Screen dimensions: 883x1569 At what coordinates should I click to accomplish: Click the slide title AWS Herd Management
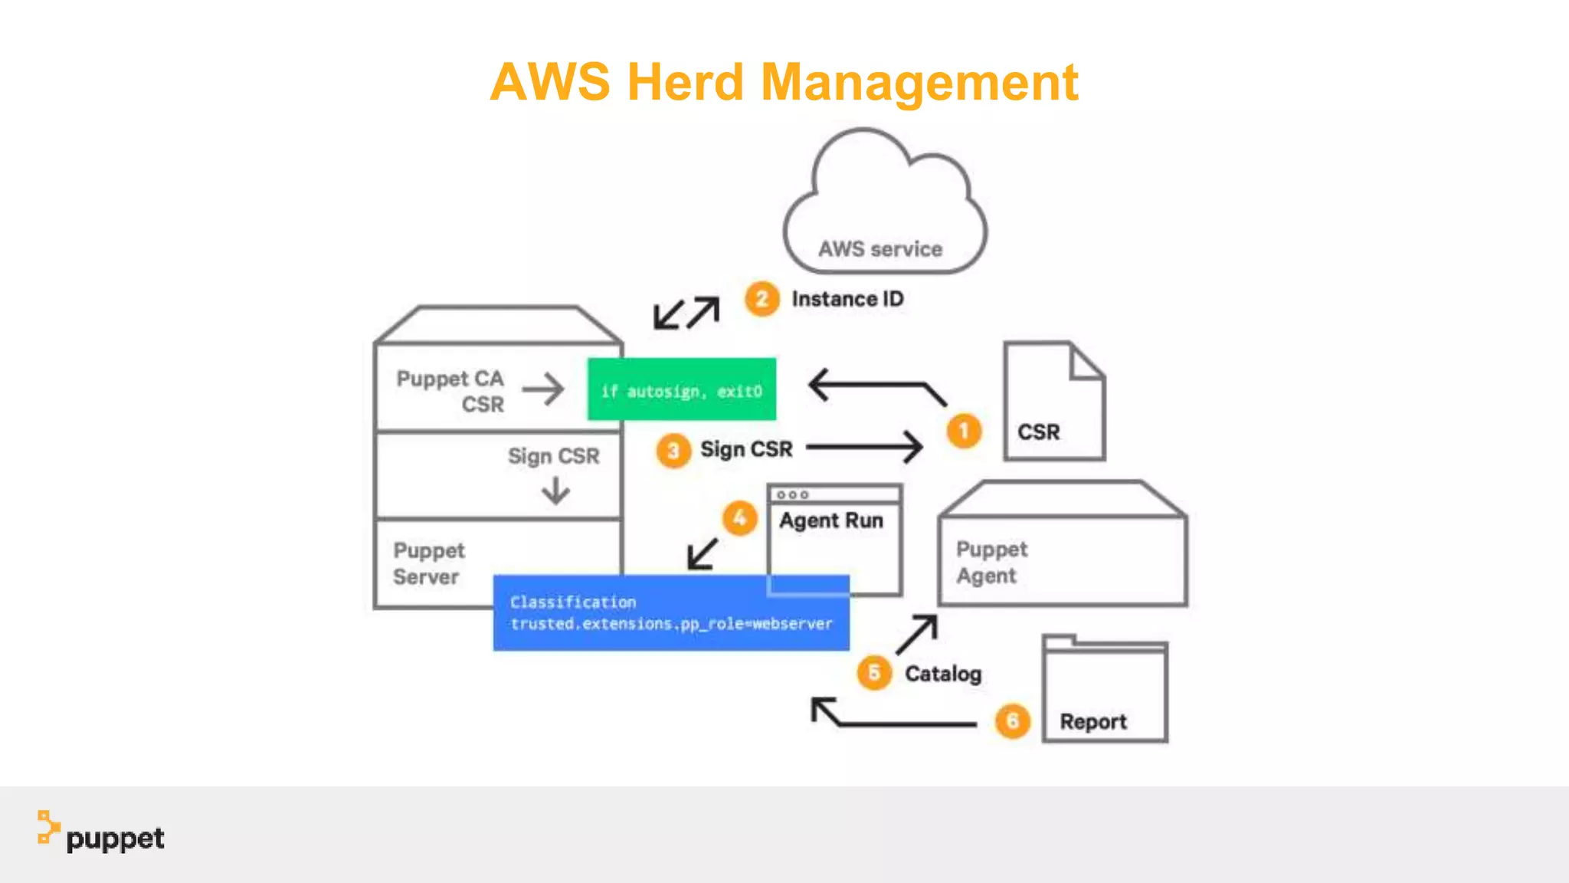click(x=784, y=83)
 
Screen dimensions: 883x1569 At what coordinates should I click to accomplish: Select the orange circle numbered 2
click(x=762, y=299)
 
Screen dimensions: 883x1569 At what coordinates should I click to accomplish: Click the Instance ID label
click(x=847, y=299)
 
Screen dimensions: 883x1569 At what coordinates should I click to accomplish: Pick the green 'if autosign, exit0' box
click(x=681, y=389)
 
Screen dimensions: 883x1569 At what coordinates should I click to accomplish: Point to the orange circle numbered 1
click(x=964, y=432)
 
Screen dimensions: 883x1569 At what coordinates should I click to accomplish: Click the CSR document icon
click(x=1053, y=402)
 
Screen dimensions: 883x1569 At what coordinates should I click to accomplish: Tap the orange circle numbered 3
click(x=673, y=451)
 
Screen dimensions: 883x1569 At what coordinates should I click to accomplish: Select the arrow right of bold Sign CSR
click(x=864, y=446)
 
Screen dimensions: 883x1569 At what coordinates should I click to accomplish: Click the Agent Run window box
click(x=834, y=540)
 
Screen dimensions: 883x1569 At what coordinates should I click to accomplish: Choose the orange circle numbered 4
click(x=739, y=519)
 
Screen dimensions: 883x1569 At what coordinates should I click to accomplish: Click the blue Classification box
click(x=671, y=613)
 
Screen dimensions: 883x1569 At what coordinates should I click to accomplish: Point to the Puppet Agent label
click(x=991, y=562)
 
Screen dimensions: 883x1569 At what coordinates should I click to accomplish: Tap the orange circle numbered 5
click(x=874, y=673)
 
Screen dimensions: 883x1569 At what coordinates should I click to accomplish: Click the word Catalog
click(x=942, y=674)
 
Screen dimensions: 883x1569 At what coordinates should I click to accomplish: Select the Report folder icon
click(x=1104, y=690)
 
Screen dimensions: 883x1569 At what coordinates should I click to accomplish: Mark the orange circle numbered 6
click(x=1012, y=721)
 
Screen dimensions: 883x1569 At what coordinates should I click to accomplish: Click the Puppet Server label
click(x=428, y=563)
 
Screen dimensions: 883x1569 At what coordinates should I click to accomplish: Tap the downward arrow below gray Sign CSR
click(x=555, y=491)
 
